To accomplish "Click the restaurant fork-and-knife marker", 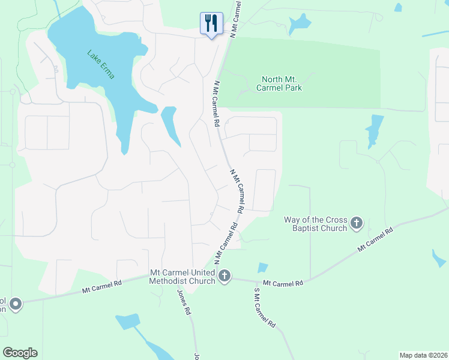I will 211,24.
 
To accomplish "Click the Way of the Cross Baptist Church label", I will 316,224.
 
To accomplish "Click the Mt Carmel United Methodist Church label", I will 182,277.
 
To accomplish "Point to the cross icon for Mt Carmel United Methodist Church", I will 224,276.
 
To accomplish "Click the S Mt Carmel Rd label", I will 264,308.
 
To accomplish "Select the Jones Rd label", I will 184,303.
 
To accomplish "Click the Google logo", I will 20,353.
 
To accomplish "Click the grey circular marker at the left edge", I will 15,304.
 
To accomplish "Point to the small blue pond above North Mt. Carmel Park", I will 298,25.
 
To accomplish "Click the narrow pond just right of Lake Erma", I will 170,125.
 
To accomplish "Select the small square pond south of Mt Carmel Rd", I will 262,268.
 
